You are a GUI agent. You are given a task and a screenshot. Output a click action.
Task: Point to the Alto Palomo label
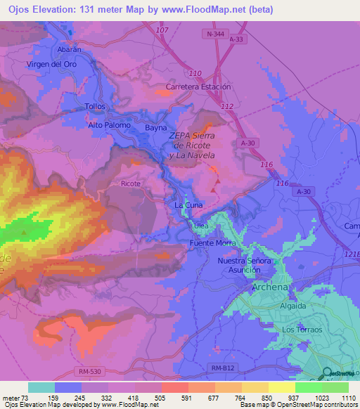point(109,125)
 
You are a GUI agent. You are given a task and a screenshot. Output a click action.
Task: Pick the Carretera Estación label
point(198,86)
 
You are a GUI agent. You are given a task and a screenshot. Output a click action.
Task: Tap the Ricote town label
point(131,183)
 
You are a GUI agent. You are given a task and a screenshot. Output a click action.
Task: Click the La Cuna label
point(188,204)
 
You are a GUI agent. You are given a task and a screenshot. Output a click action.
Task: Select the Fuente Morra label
point(212,243)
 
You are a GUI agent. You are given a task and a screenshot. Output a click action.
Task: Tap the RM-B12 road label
point(224,367)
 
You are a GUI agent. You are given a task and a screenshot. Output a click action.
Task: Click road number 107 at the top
point(162,31)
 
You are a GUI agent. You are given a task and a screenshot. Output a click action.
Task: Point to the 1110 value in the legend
point(347,398)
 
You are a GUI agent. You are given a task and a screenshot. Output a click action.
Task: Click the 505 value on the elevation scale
point(161,398)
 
